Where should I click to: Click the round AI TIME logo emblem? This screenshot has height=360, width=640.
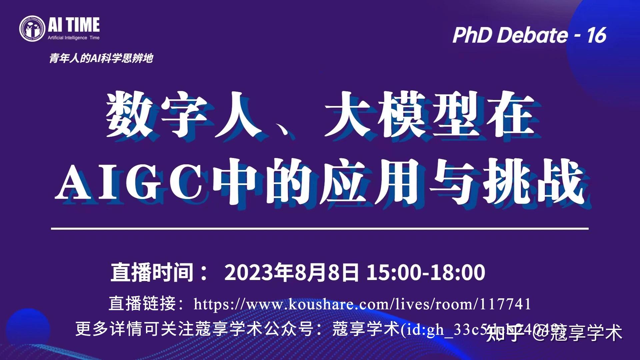[x=32, y=28]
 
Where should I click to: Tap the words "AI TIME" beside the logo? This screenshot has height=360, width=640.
[x=74, y=25]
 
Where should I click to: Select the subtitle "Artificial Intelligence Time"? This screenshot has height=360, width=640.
[x=74, y=38]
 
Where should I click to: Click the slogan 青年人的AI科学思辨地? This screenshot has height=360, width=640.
[x=101, y=59]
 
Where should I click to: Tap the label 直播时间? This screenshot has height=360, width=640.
[x=152, y=272]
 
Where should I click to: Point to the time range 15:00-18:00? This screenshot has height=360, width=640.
[x=426, y=272]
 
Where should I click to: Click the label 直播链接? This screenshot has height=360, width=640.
[x=142, y=304]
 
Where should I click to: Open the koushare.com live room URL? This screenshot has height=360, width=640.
[x=362, y=304]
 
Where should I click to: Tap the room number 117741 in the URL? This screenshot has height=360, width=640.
[x=505, y=304]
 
